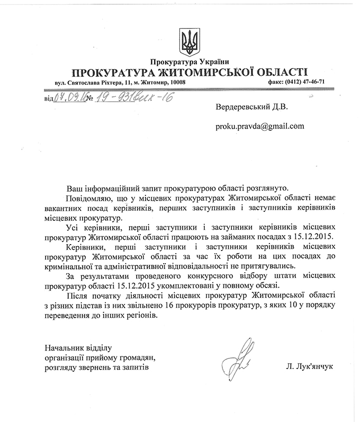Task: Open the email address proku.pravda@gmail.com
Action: coord(259,126)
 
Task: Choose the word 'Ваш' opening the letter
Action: coord(74,188)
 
